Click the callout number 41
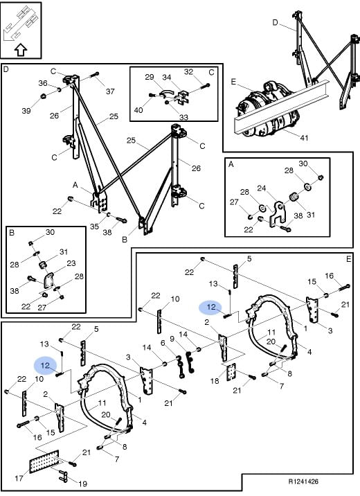(304, 138)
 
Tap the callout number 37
(110, 91)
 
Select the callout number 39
(26, 110)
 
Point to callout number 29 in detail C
(150, 77)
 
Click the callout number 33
(183, 117)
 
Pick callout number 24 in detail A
(262, 188)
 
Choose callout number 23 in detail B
(71, 263)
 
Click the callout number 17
(19, 478)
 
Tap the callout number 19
(83, 484)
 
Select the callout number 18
(215, 380)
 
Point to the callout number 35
(94, 227)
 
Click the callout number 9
(172, 339)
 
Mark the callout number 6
(163, 343)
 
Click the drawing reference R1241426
(303, 481)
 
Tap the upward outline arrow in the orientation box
(21, 50)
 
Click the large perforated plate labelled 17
(44, 461)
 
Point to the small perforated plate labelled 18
(231, 372)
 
